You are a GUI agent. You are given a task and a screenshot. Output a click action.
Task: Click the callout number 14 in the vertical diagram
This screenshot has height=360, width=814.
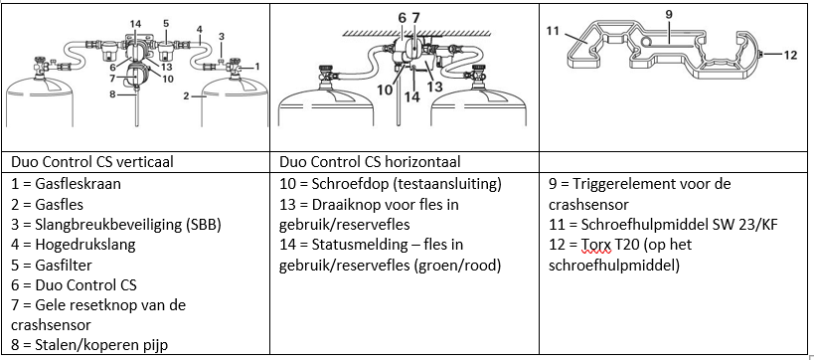(135, 24)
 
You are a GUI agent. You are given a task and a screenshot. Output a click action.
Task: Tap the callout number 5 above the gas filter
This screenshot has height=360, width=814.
(166, 24)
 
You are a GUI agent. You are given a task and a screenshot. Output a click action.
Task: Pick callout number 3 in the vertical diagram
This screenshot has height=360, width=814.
(222, 37)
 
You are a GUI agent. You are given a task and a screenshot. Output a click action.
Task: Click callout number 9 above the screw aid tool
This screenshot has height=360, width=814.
(669, 15)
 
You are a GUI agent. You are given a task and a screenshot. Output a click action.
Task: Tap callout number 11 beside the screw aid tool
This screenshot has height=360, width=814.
(553, 31)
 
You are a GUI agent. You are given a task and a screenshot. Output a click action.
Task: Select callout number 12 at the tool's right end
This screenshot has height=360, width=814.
(789, 54)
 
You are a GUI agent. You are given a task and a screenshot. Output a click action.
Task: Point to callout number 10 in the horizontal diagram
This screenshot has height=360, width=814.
(385, 90)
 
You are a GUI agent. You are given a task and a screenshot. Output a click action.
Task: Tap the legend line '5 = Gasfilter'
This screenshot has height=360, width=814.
(52, 266)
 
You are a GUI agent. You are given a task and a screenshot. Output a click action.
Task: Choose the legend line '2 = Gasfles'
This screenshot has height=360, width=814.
(47, 205)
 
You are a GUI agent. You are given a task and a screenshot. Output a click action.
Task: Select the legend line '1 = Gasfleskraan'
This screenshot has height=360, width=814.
(66, 184)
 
